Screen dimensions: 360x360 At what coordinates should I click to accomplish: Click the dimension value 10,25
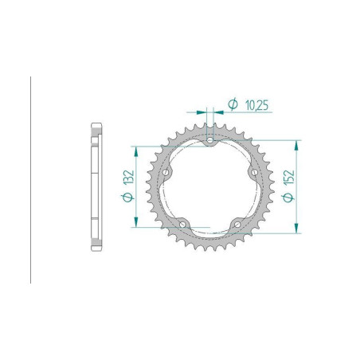[x=256, y=105]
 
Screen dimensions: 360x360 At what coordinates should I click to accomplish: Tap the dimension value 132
[x=128, y=177]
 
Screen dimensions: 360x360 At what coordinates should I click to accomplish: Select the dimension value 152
[x=289, y=178]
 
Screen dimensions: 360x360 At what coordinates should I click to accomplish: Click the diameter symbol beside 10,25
[x=233, y=104]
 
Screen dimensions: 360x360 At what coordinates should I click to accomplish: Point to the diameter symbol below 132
[x=127, y=198]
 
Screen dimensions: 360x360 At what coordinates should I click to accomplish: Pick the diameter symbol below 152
[x=288, y=198]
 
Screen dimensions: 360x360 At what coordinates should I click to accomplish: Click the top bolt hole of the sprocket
[x=210, y=140]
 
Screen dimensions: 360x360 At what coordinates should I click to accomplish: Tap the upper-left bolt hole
[x=166, y=172]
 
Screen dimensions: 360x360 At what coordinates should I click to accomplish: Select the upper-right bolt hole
[x=254, y=172]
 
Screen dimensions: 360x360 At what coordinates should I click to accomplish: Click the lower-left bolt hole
[x=182, y=225]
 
